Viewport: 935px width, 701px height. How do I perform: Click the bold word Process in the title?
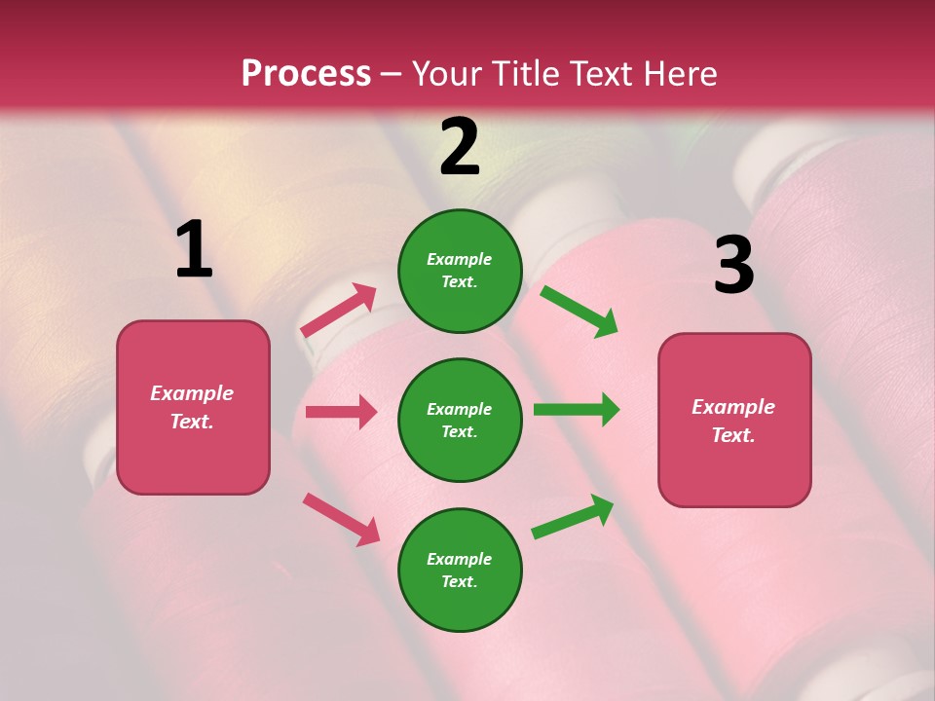306,74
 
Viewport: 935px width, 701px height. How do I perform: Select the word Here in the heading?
679,74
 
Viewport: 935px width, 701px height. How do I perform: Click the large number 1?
194,250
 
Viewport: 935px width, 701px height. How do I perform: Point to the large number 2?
460,147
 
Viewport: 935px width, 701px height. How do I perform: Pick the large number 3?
733,266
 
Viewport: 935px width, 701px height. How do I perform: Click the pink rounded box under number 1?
193,407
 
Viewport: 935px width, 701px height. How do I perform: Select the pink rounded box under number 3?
734,421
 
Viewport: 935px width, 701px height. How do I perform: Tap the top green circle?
460,271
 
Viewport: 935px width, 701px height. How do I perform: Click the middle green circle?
460,421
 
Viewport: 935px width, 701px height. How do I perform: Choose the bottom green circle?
460,571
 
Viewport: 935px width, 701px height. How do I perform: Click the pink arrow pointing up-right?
339,311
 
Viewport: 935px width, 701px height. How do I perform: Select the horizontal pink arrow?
341,412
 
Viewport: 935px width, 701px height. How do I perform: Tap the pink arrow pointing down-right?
341,519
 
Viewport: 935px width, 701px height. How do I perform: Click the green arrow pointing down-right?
579,311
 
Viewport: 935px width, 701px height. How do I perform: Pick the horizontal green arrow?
577,410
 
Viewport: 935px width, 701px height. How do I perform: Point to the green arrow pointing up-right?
573,517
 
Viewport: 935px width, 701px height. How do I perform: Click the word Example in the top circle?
460,260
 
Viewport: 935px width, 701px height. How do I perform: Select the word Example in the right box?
733,408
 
